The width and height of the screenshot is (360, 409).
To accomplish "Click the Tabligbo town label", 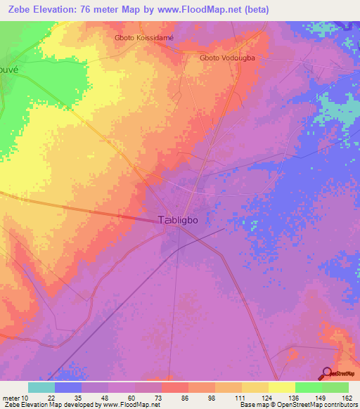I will (x=179, y=219).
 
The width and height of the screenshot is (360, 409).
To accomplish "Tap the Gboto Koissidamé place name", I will (x=143, y=38).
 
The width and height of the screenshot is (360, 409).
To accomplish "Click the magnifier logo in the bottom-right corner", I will (x=327, y=373).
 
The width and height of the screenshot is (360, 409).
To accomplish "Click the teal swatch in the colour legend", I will (x=41, y=387).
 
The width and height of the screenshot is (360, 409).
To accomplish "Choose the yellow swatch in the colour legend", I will (x=281, y=387).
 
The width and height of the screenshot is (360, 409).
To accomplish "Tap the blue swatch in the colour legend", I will (x=67, y=387).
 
